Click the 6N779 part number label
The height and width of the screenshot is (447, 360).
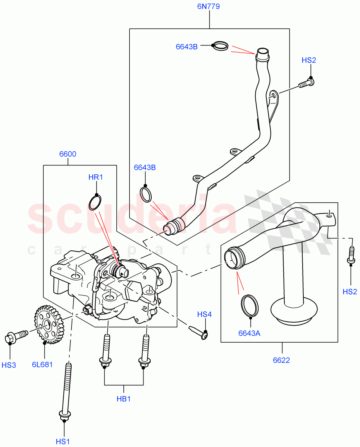coord(209,6)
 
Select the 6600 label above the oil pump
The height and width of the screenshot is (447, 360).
coord(67,154)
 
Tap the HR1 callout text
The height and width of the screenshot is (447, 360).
coord(95,177)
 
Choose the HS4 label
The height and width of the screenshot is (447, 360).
coord(204,315)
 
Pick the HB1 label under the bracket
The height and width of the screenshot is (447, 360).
coord(124,399)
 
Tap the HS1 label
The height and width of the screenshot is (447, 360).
coord(63,441)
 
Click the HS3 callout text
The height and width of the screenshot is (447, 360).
coord(9,365)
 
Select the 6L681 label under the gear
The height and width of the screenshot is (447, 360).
coord(42,364)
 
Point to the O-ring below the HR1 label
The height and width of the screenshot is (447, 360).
coord(95,202)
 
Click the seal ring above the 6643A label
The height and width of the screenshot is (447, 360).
coord(250,306)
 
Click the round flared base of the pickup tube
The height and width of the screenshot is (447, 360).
coord(294,309)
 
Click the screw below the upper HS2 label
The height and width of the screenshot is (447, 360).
coord(306,83)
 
